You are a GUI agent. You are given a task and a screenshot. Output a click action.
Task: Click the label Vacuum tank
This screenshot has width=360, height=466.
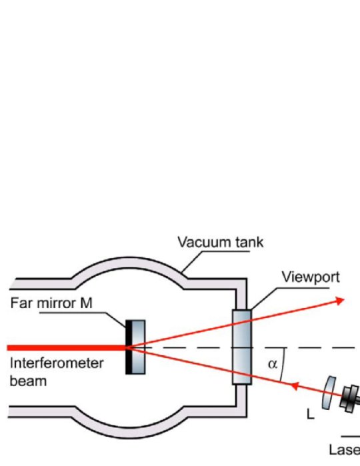tap(220, 242)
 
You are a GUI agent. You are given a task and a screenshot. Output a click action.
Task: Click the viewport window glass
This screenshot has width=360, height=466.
tap(242, 347)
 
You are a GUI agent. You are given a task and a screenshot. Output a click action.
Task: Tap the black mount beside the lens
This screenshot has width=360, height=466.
tap(350, 399)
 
